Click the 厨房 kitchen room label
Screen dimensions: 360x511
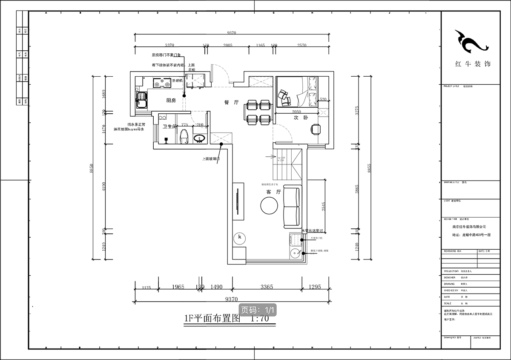coord(171,101)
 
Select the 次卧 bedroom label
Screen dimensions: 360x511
coord(297,118)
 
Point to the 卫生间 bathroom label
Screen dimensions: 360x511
coord(170,127)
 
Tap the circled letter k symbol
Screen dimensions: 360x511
coord(240,237)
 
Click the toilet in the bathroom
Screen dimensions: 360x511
coord(184,136)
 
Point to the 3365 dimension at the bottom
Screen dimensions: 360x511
coord(267,287)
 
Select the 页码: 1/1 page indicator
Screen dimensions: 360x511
coord(258,310)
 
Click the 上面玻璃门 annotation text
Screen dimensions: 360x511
coord(212,159)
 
